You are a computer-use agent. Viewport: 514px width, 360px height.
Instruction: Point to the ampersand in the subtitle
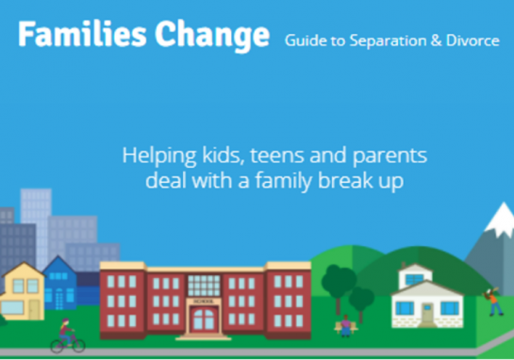click(x=428, y=41)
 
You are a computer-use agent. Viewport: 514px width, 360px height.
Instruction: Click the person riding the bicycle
click(x=65, y=335)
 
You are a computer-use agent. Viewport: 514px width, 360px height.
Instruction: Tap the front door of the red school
click(x=203, y=319)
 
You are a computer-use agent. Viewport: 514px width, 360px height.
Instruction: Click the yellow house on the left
click(x=23, y=293)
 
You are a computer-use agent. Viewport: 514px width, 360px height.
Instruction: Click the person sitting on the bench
click(x=346, y=325)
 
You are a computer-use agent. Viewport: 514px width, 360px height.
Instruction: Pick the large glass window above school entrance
click(x=203, y=284)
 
